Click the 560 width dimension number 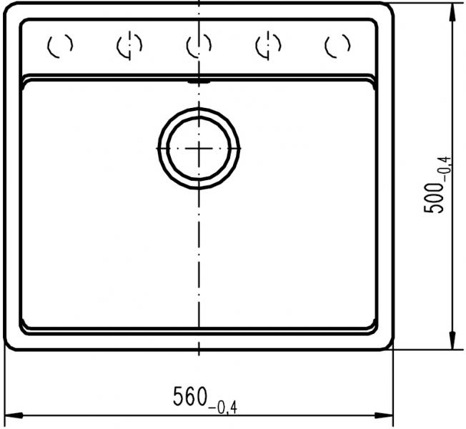pyautogui.click(x=190, y=396)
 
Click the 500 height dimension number pyautogui.click(x=433, y=198)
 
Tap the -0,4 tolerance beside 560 pyautogui.click(x=223, y=408)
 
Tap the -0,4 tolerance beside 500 pyautogui.click(x=447, y=169)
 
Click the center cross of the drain pyautogui.click(x=199, y=148)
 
